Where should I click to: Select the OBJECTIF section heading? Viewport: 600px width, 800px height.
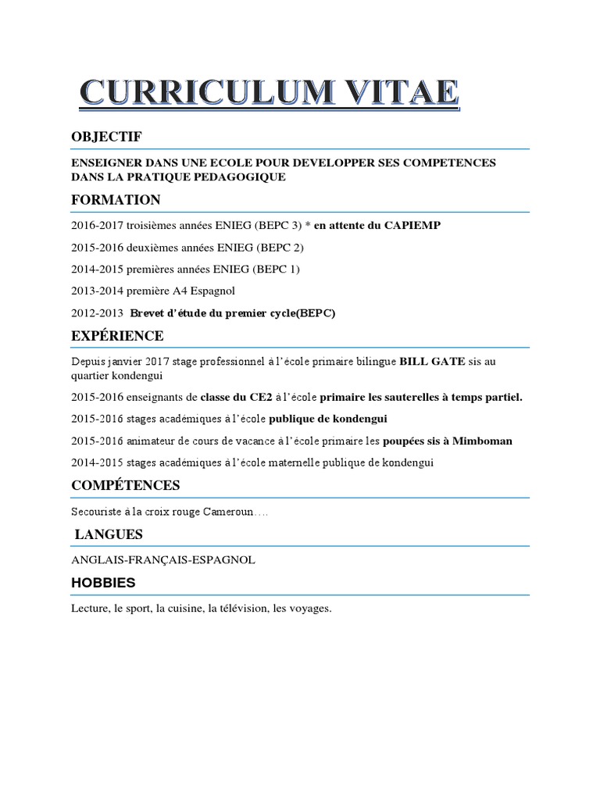coord(106,137)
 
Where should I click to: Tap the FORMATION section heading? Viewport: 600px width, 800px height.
coord(116,200)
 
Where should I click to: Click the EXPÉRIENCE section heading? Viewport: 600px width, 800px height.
coord(117,336)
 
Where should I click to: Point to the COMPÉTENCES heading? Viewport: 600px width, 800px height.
coord(125,485)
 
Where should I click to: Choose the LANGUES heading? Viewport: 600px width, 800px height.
coord(109,534)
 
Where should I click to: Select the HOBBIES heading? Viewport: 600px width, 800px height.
coord(103,583)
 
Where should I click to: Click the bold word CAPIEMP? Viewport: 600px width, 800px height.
coord(412,226)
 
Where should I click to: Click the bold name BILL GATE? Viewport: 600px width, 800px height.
coord(432,362)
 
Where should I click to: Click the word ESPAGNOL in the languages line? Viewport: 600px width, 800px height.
coord(225,560)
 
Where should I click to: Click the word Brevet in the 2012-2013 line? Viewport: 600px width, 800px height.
coord(147,313)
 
